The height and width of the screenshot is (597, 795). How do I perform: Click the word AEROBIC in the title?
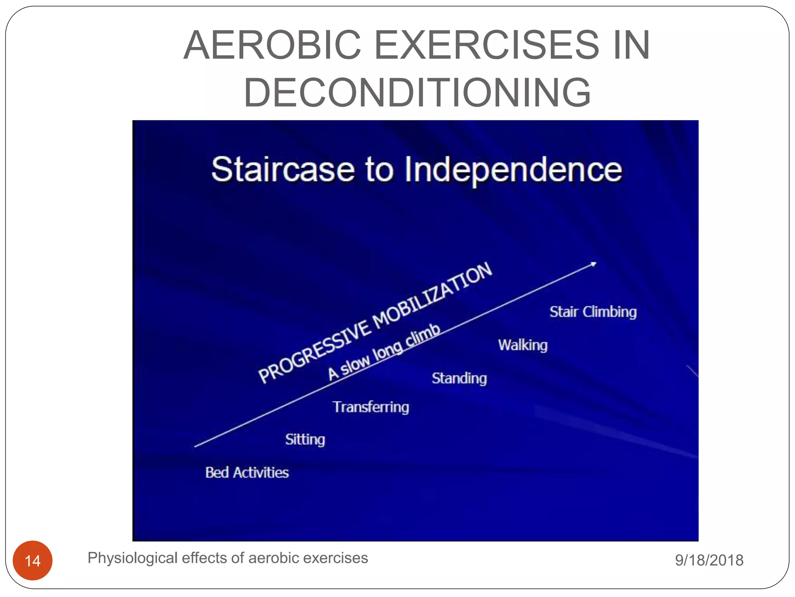pyautogui.click(x=272, y=45)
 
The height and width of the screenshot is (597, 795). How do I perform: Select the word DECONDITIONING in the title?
pyautogui.click(x=417, y=93)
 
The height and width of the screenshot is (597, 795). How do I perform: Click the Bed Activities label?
pyautogui.click(x=247, y=473)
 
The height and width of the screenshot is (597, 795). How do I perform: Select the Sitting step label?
pyautogui.click(x=305, y=440)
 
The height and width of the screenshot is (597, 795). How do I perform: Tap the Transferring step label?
pyautogui.click(x=371, y=407)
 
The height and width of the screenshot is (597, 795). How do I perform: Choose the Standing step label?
pyautogui.click(x=459, y=378)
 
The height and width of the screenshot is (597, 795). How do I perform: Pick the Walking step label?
pyautogui.click(x=522, y=345)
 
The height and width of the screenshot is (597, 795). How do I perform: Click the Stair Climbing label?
pyautogui.click(x=593, y=312)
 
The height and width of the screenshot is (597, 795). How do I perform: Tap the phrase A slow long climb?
pyautogui.click(x=384, y=352)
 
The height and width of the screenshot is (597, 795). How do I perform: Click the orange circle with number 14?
pyautogui.click(x=33, y=560)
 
